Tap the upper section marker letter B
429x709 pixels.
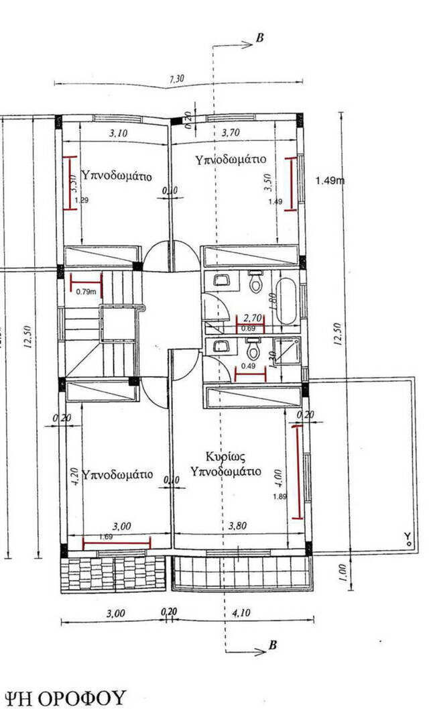pyautogui.click(x=260, y=38)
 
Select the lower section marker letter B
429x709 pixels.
pyautogui.click(x=273, y=645)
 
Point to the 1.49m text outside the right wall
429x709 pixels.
pyautogui.click(x=329, y=180)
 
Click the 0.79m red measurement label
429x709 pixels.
pyautogui.click(x=86, y=292)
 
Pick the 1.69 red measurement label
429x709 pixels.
pyautogui.click(x=105, y=537)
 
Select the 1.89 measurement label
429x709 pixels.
pyautogui.click(x=281, y=496)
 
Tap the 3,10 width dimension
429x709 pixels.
pyautogui.click(x=118, y=133)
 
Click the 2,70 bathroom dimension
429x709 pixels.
pyautogui.click(x=252, y=319)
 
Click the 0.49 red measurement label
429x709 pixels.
pyautogui.click(x=247, y=366)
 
